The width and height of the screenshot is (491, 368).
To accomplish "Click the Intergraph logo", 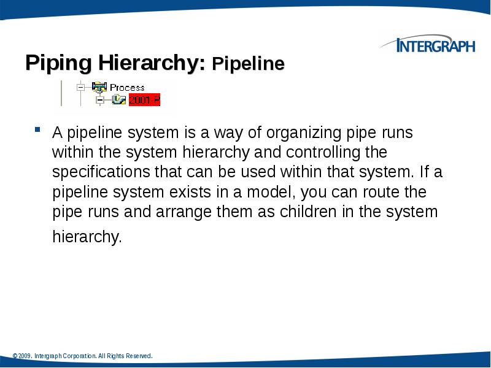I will [430, 45].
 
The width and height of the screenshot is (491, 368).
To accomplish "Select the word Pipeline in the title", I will [248, 64].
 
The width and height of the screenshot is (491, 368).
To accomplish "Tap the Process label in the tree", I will [127, 88].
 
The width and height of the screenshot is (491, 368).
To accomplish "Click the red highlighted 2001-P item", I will [145, 100].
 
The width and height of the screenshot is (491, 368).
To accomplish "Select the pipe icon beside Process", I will [98, 87].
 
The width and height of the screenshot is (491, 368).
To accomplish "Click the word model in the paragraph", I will [272, 193].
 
